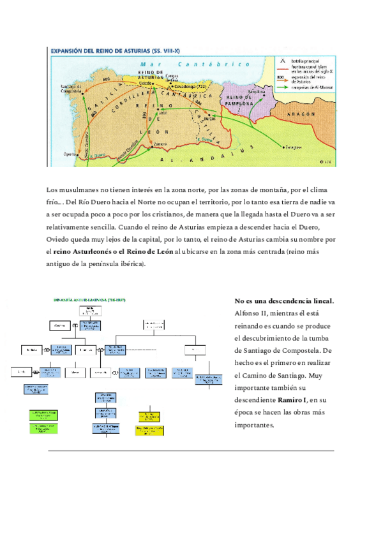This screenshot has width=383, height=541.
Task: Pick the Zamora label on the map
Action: [x=161, y=144]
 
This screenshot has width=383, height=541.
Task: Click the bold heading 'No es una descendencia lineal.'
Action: [x=285, y=300]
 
